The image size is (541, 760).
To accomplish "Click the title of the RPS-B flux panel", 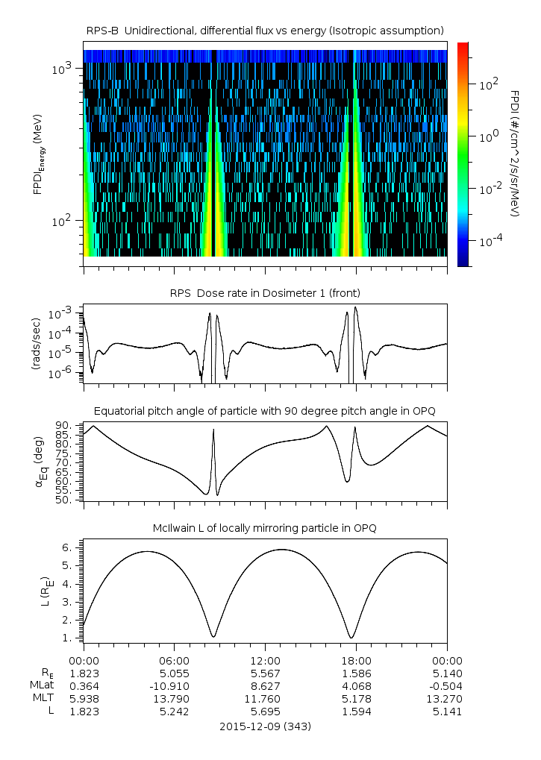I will (x=265, y=30).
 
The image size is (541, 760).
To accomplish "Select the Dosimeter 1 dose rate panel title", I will (x=265, y=292).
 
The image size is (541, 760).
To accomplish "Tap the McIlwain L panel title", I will (x=265, y=528).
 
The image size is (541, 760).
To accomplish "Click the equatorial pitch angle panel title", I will (x=265, y=411).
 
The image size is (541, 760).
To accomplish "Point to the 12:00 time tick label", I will (x=265, y=660).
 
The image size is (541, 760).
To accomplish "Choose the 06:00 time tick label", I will (x=175, y=660).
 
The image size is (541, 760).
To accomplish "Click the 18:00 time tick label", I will (x=356, y=660).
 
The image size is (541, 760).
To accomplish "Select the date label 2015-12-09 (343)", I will (x=265, y=726).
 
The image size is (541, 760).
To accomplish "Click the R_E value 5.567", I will (x=265, y=673).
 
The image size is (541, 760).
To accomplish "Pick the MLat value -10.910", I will (x=175, y=685).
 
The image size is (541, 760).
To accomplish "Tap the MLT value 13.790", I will (x=175, y=698).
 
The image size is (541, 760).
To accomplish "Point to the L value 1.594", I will (x=356, y=712).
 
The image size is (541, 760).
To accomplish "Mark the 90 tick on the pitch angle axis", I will (x=63, y=425).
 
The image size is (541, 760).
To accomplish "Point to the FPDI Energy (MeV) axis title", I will (x=37, y=157).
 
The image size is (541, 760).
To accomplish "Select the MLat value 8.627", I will (x=265, y=685).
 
